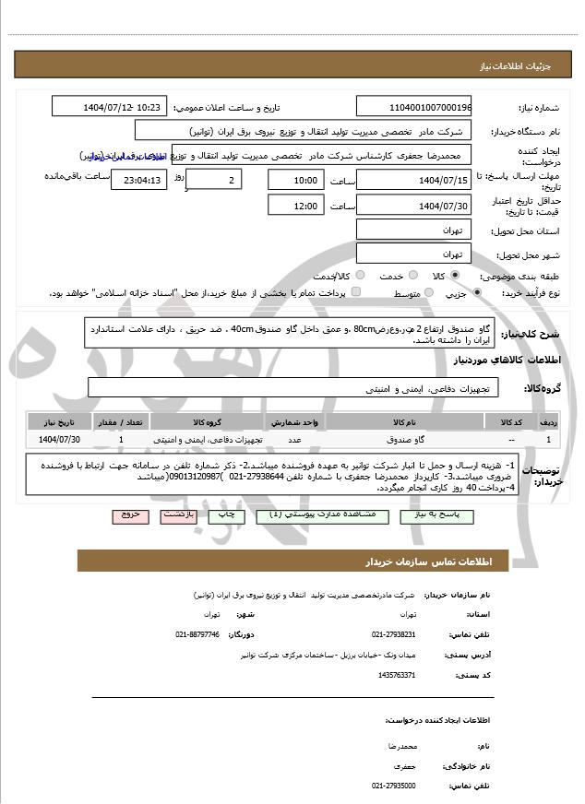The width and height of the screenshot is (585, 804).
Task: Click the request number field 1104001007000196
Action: click(413, 107)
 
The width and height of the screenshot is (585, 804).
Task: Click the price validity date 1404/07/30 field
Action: click(413, 206)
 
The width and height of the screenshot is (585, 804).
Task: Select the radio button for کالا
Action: click(455, 276)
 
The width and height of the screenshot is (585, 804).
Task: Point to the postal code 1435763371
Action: click(397, 675)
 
